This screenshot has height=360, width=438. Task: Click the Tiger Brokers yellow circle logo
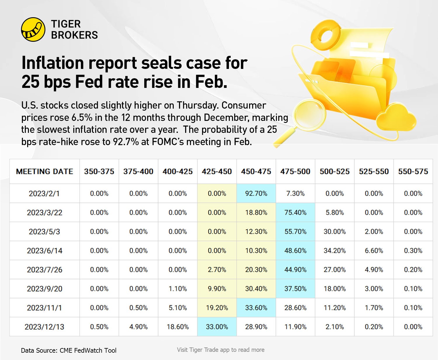[x=33, y=29]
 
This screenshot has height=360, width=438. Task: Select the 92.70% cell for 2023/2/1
[x=256, y=194]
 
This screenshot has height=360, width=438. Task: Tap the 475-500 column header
[x=295, y=171]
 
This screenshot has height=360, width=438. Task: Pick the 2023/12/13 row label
[x=44, y=327]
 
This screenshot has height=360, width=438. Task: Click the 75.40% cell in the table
[x=295, y=213]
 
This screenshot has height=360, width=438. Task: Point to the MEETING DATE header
[x=44, y=171]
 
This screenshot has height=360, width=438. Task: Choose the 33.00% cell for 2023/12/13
[x=217, y=327]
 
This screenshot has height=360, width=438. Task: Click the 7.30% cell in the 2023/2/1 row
[x=295, y=194]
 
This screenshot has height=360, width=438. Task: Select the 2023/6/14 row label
[x=44, y=251]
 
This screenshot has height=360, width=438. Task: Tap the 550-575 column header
[x=413, y=171]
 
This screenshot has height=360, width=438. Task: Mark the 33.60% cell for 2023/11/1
[x=256, y=308]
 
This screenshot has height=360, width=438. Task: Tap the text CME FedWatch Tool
[x=88, y=350]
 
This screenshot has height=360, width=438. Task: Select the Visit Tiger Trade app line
[x=220, y=350]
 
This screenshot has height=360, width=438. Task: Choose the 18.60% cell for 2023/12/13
[x=178, y=327]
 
